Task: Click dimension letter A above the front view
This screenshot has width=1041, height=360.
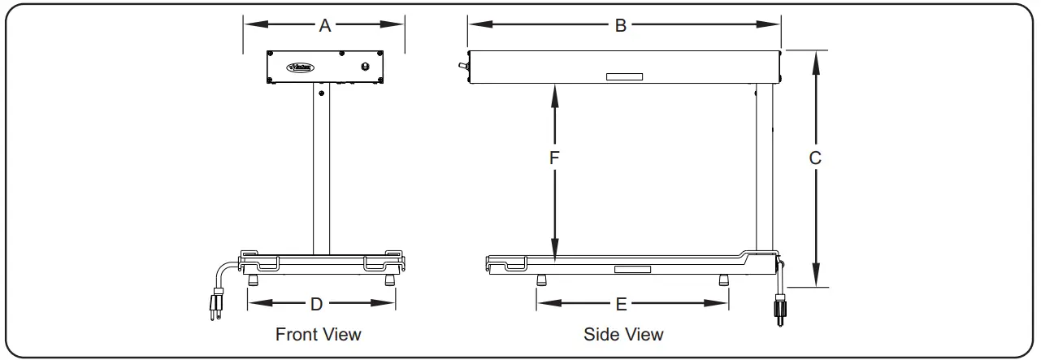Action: [325, 25]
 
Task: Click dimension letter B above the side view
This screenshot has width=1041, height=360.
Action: [620, 25]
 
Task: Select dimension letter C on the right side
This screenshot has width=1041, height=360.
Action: [815, 158]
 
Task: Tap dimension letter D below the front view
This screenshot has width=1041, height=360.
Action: [317, 304]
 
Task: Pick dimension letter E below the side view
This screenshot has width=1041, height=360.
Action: [622, 304]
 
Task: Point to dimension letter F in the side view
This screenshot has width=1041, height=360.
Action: [554, 158]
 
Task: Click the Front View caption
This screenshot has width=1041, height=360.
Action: [319, 334]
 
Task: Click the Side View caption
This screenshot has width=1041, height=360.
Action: [623, 334]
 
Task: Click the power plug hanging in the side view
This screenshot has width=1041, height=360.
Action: [779, 312]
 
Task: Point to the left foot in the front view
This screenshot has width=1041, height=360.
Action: [253, 280]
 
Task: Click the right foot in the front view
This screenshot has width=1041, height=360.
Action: [390, 280]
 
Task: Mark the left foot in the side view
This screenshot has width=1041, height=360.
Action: [541, 280]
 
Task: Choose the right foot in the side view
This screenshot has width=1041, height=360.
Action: [723, 280]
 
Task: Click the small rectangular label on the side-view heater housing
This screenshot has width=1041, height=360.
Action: [624, 77]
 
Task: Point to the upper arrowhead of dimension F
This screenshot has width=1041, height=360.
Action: [554, 92]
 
